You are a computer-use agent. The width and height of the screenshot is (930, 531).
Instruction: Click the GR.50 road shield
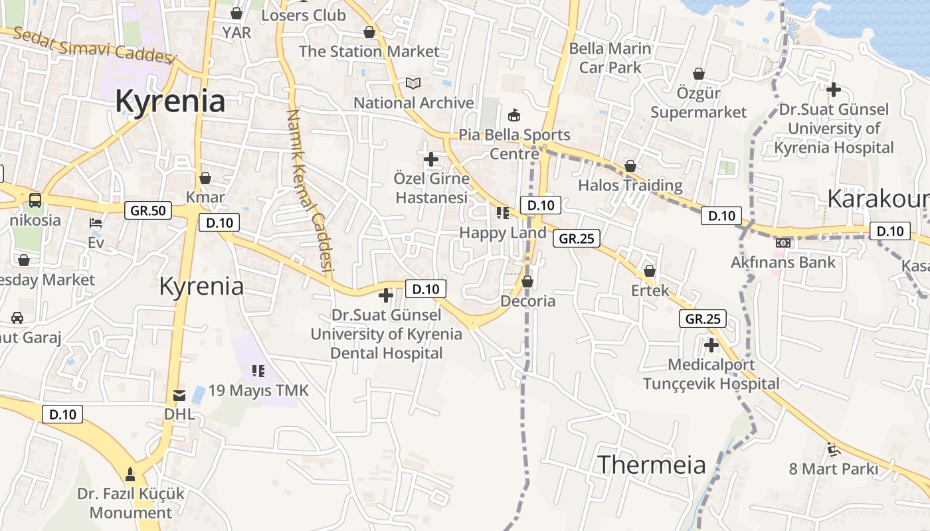click(148, 211)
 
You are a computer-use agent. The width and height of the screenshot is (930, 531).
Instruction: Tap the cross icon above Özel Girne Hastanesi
click(431, 159)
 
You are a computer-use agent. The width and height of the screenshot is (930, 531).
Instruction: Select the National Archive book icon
click(413, 84)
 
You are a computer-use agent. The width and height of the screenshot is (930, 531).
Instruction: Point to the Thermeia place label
click(652, 465)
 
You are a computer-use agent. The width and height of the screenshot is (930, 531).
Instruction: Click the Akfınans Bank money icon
click(783, 243)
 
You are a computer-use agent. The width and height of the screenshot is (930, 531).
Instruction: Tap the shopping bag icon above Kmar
click(205, 179)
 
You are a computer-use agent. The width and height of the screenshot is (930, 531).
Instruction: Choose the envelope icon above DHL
click(179, 396)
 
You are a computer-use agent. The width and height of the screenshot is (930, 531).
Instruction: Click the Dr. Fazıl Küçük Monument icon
click(130, 475)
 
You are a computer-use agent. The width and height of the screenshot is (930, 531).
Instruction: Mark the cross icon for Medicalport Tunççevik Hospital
click(711, 345)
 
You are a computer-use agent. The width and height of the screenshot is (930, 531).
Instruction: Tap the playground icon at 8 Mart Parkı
click(833, 449)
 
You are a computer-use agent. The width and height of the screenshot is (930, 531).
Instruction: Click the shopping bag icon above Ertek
click(650, 271)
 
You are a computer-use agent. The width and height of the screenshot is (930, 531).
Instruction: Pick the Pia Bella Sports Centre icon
click(513, 115)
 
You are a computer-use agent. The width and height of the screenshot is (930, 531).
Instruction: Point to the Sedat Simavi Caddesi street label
click(94, 45)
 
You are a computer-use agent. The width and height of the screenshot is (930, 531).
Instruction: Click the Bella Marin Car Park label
click(610, 58)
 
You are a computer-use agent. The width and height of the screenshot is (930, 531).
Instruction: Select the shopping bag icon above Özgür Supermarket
click(699, 74)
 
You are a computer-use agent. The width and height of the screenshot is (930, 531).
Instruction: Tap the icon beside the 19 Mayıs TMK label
click(258, 371)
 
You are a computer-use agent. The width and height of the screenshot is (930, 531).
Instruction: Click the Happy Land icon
click(503, 213)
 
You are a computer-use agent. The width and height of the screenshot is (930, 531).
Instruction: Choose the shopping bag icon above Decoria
click(527, 282)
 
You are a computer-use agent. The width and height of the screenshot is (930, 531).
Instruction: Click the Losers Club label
click(304, 15)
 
